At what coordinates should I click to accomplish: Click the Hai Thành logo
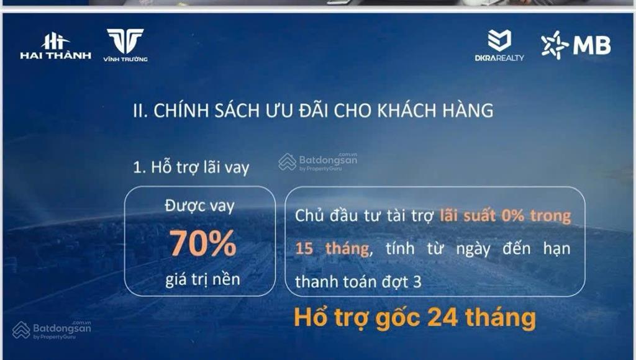tap(55, 46)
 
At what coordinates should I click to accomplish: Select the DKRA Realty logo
tap(499, 45)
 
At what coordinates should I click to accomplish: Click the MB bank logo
tap(575, 45)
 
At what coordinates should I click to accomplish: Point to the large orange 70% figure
tap(203, 243)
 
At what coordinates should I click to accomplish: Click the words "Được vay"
tap(200, 206)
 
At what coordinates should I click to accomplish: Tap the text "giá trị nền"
tap(202, 279)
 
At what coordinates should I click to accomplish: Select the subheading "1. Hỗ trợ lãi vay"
tap(191, 168)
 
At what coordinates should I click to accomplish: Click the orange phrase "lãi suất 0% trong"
tap(505, 217)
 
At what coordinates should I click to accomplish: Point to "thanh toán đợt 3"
tap(358, 281)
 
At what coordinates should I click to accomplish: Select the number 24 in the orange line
tap(442, 318)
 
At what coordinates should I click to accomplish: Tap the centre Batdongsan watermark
tap(318, 161)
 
